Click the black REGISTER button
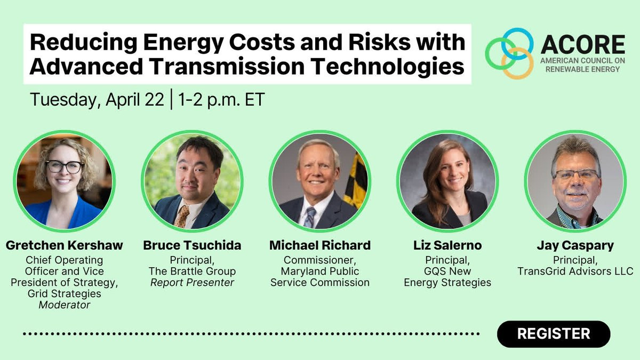(554, 334)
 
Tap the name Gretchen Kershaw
(65, 245)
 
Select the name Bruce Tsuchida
(192, 245)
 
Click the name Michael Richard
(320, 245)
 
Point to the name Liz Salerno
(447, 245)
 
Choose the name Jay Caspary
(575, 246)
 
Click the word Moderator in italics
(65, 305)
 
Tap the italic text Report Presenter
(192, 283)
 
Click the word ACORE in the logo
(583, 45)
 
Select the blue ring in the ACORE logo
(517, 29)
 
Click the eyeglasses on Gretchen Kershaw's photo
(65, 166)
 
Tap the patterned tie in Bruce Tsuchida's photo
(182, 217)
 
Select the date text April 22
(135, 100)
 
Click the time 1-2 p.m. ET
(221, 100)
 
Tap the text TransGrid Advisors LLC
(575, 271)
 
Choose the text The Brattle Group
(192, 271)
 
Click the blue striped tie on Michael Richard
(310, 217)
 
